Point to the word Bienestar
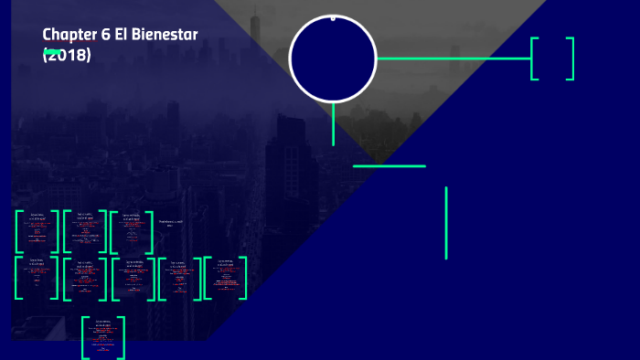pyautogui.click(x=165, y=35)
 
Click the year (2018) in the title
pyautogui.click(x=67, y=54)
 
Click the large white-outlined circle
pyautogui.click(x=333, y=59)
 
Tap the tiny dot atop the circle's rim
pyautogui.click(x=333, y=17)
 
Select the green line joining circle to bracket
pyautogui.click(x=453, y=58)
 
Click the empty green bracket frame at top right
pyautogui.click(x=552, y=58)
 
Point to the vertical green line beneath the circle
pyautogui.click(x=334, y=124)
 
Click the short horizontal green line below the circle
pyautogui.click(x=389, y=166)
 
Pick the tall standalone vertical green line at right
pyautogui.click(x=446, y=223)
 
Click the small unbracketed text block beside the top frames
pyautogui.click(x=171, y=223)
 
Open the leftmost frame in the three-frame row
pyautogui.click(x=37, y=231)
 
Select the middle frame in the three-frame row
pyautogui.click(x=84, y=231)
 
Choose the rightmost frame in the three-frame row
pyautogui.click(x=132, y=231)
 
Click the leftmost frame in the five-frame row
pyautogui.click(x=37, y=278)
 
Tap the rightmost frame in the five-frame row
pyautogui.click(x=225, y=278)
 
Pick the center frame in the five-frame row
pyautogui.click(x=133, y=278)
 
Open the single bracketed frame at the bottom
pyautogui.click(x=103, y=337)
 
